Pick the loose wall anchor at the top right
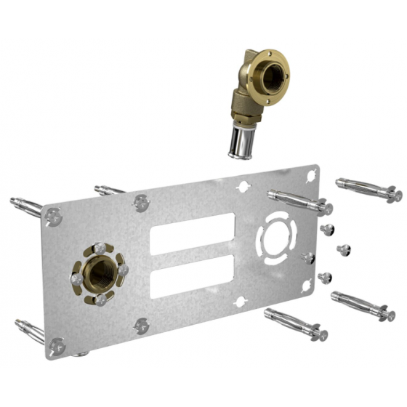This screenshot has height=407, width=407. pos(368,189)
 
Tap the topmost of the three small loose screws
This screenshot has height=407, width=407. pos(326,230)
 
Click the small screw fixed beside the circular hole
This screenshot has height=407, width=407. pos(309,257)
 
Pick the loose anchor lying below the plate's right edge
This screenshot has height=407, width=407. pos(294,325)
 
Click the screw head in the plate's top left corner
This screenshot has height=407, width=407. pos(52,215)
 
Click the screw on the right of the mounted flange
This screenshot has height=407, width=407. pos(123,270)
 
